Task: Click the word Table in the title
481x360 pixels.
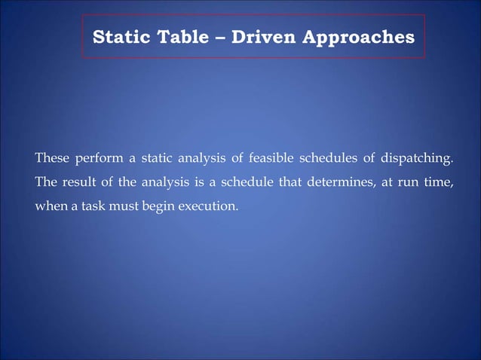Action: tap(172, 36)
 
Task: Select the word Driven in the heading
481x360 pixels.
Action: tap(263, 36)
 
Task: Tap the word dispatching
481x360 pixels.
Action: tap(421, 159)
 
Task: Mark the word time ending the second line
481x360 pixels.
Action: tap(441, 182)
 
